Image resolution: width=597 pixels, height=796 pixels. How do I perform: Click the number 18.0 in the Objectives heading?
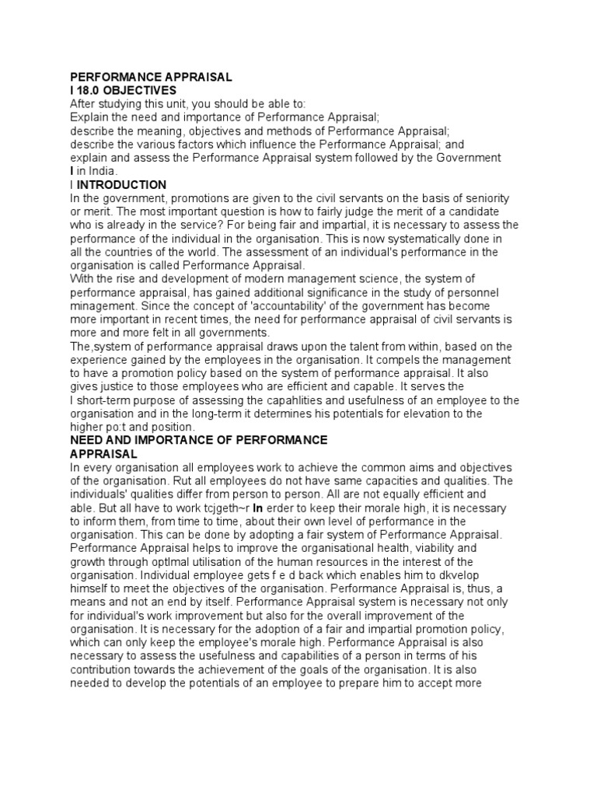91,90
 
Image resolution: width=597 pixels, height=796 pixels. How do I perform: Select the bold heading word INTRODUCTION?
121,185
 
